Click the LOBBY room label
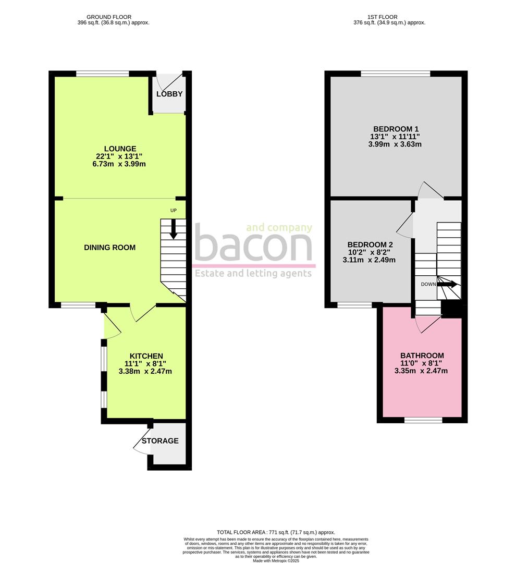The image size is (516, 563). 169,94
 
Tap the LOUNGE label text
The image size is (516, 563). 120,149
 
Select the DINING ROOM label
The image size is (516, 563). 109,248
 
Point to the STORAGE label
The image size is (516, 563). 161,441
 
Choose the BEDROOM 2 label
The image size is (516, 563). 371,244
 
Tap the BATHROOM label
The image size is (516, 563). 422,356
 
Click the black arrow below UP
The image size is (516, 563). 174,229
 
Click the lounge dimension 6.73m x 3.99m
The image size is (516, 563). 120,164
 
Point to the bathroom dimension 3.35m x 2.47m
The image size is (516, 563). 422,371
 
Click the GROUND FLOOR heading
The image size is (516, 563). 113,17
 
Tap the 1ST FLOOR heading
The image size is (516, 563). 389,17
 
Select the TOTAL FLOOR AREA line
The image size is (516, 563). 276,532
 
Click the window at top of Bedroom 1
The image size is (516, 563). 396,74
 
